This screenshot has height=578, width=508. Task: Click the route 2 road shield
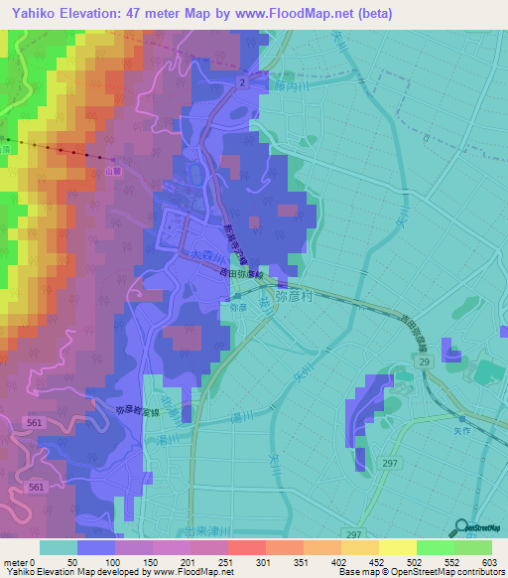pos(240,83)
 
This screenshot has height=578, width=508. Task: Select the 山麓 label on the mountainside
pos(115,171)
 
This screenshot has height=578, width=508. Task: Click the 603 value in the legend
pos(489,562)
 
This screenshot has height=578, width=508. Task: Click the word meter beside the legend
pos(15,562)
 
